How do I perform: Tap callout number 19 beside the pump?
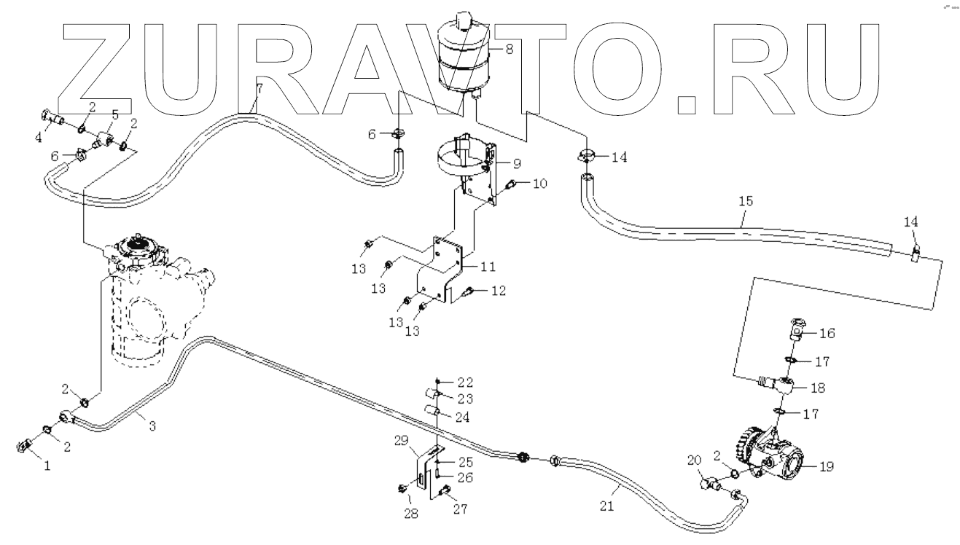point(826,466)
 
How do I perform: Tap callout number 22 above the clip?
point(464,382)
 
